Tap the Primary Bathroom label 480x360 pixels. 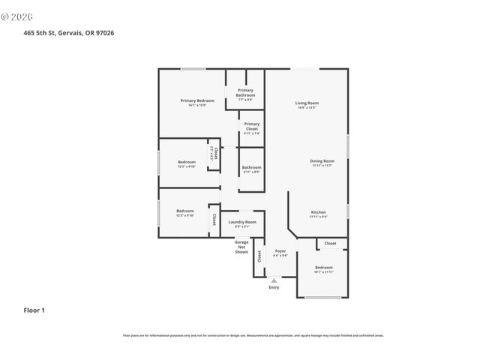pyautogui.click(x=245, y=93)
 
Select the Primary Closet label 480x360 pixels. pyautogui.click(x=251, y=126)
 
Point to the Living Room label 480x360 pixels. pyautogui.click(x=306, y=103)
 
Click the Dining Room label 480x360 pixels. pyautogui.click(x=322, y=160)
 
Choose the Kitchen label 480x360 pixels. pyautogui.click(x=318, y=212)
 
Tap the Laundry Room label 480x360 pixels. pyautogui.click(x=242, y=222)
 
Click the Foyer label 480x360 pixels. pyautogui.click(x=280, y=250)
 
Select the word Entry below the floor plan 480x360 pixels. pyautogui.click(x=274, y=287)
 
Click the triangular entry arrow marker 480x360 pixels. pyautogui.click(x=274, y=280)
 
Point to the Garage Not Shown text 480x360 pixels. pyautogui.click(x=241, y=247)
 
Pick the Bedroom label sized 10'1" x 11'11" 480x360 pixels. pyautogui.click(x=323, y=268)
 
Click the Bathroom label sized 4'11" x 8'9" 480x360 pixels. pyautogui.click(x=251, y=167)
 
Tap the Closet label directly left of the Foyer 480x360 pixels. pyautogui.click(x=259, y=256)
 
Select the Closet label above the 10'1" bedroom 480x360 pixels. pyautogui.click(x=330, y=243)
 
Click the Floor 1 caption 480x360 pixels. pyautogui.click(x=34, y=309)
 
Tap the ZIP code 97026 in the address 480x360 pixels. pyautogui.click(x=105, y=32)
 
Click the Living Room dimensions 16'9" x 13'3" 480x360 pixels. pyautogui.click(x=306, y=107)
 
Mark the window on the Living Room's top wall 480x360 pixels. pyautogui.click(x=303, y=69)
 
